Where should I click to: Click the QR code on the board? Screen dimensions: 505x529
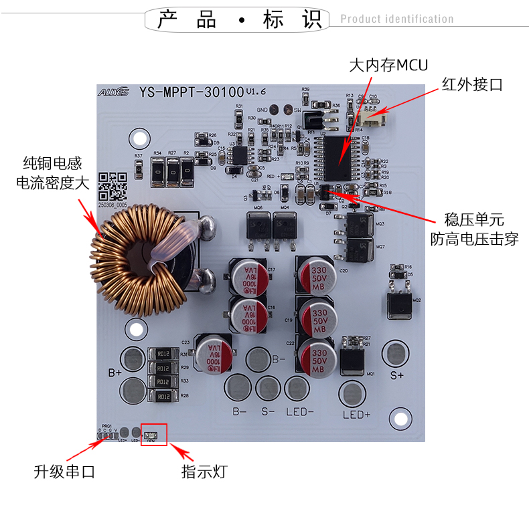click(112, 187)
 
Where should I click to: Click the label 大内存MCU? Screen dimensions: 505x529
click(388, 65)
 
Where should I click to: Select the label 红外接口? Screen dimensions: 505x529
click(472, 84)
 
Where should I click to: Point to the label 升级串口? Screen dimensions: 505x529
click(64, 472)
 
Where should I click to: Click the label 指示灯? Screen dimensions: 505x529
click(205, 472)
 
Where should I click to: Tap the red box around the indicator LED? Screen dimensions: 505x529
click(153, 435)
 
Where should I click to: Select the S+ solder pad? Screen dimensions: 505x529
click(395, 352)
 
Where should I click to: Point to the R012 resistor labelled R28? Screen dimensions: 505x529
click(163, 396)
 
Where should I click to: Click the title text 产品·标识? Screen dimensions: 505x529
click(238, 19)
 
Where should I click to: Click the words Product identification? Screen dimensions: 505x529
click(396, 19)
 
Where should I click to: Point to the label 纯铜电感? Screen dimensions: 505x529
click(52, 163)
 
